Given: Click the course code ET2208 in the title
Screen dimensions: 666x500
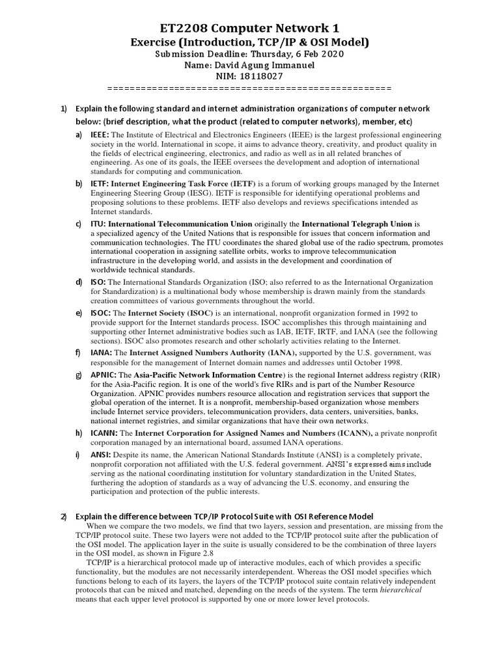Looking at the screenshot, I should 190,27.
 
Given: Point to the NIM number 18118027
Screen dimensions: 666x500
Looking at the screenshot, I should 262,76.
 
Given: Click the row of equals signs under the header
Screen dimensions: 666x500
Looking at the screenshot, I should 249,87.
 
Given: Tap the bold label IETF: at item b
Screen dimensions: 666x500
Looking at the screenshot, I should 100,184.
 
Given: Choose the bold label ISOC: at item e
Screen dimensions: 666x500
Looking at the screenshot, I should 101,313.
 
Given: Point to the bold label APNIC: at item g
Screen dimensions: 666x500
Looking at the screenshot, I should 104,376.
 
